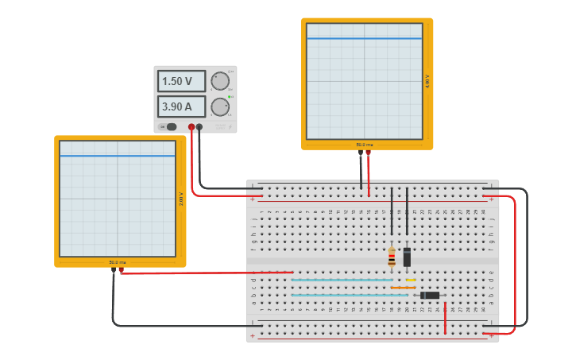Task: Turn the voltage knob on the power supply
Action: (220, 81)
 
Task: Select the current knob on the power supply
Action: (220, 106)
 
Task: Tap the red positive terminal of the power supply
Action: (191, 127)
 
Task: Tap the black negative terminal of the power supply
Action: (199, 127)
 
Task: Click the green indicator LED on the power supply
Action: (230, 97)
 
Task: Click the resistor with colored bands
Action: (392, 257)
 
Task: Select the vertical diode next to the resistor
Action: (407, 257)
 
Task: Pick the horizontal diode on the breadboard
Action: (430, 295)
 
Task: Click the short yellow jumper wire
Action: (411, 280)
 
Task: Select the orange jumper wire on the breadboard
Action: (403, 288)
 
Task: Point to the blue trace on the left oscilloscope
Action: (118, 156)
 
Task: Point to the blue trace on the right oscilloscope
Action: (365, 38)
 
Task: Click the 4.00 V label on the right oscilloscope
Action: (427, 81)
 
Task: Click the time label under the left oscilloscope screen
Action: (118, 262)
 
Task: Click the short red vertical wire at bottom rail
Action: (445, 318)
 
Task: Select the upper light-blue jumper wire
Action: (342, 280)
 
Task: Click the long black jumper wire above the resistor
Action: (392, 211)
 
